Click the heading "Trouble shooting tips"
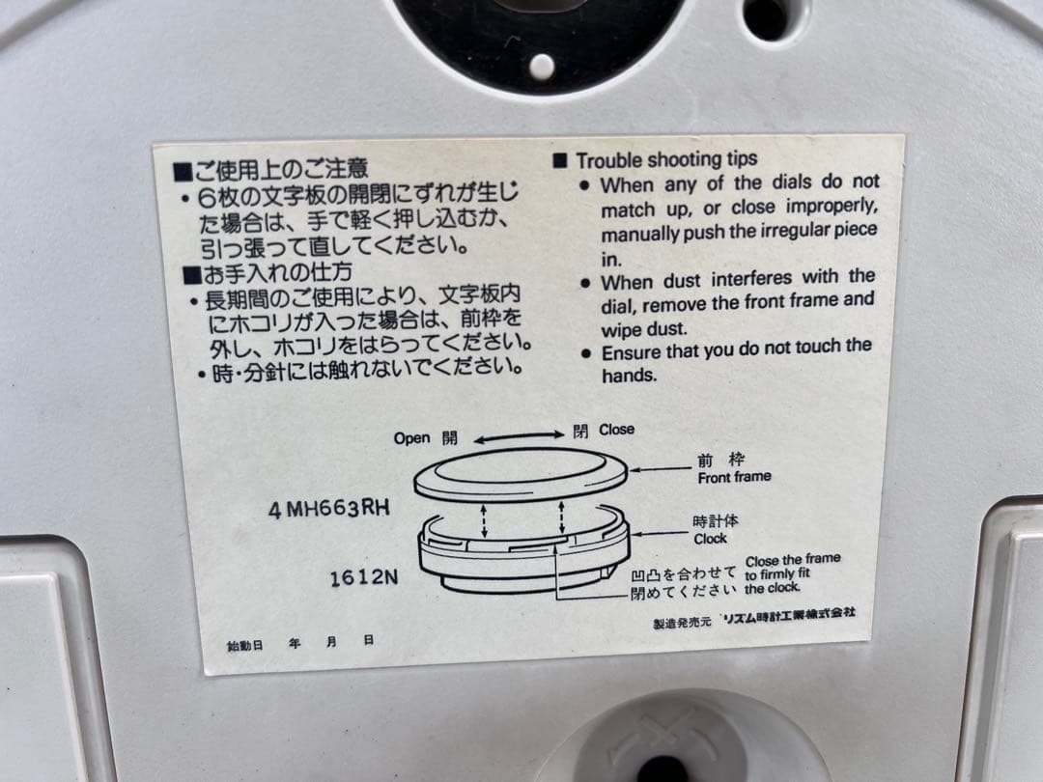click(x=666, y=160)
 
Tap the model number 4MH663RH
click(x=329, y=509)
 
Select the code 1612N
click(x=364, y=578)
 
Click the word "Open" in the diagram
click(x=411, y=438)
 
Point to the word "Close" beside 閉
click(x=617, y=430)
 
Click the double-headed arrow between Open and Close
click(x=518, y=435)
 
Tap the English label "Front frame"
click(x=734, y=477)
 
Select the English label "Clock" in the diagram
click(x=710, y=539)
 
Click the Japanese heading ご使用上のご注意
click(x=280, y=172)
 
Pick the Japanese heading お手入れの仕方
click(x=276, y=272)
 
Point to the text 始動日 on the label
click(x=244, y=644)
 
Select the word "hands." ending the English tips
click(x=629, y=377)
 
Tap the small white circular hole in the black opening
click(x=543, y=67)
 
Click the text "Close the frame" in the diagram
click(x=793, y=560)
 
